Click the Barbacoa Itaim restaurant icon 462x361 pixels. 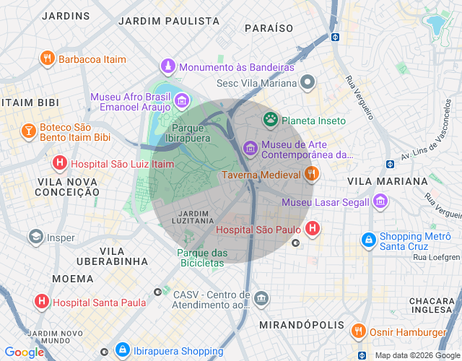click(x=47, y=58)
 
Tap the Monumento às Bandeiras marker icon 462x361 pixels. click(x=168, y=66)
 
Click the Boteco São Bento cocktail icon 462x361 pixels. click(x=28, y=131)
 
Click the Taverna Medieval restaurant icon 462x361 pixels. click(x=312, y=174)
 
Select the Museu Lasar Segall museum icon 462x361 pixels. click(x=380, y=201)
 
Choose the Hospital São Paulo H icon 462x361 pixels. click(x=312, y=230)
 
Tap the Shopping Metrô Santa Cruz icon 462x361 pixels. click(x=368, y=239)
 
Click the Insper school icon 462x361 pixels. click(x=35, y=237)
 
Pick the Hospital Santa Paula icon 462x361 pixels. click(x=42, y=302)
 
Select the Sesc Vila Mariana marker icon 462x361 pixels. click(x=308, y=82)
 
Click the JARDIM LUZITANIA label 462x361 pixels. click(x=192, y=218)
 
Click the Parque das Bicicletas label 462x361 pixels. click(x=202, y=257)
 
